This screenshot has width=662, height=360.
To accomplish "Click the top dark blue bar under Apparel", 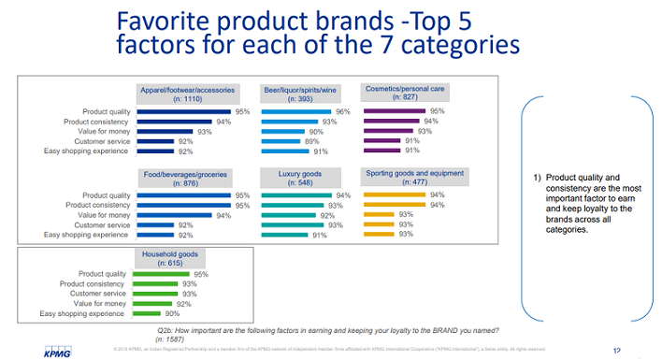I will coord(183,111).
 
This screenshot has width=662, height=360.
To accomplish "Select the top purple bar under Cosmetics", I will coord(394,111).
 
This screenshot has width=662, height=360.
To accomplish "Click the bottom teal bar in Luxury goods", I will coord(284,236).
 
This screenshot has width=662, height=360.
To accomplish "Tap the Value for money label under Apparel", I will coord(96,132).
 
